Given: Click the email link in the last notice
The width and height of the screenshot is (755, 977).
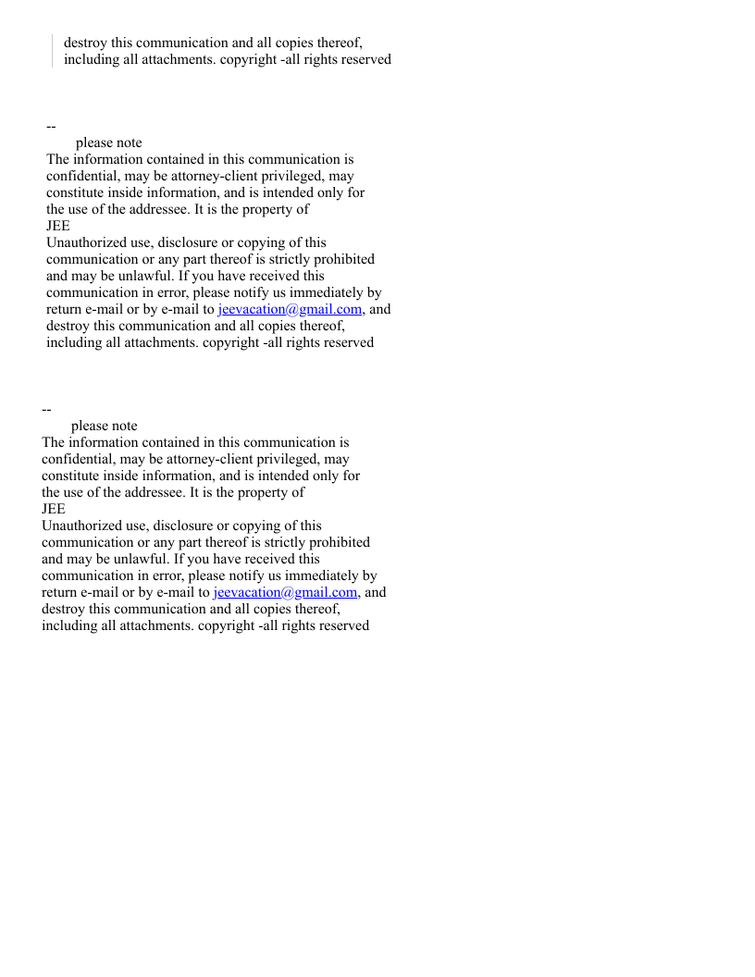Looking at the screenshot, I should coord(285,592).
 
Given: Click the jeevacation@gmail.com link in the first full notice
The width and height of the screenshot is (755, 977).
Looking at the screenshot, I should coord(290,309).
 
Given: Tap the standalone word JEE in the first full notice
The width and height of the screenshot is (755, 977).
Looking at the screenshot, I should coord(58,226).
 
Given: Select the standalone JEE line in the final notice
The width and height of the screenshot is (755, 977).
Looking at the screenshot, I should coord(54,509).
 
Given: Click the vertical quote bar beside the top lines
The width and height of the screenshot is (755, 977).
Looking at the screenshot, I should coord(52,51).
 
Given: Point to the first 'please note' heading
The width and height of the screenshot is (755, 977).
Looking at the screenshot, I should coord(109,142).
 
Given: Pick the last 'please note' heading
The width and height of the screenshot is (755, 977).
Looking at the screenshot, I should coord(105,426).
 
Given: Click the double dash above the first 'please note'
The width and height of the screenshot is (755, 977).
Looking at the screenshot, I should coord(51,126).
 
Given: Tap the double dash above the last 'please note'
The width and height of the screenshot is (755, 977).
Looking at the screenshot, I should coord(46,409).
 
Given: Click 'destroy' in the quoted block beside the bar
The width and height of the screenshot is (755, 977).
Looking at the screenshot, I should coord(86,43).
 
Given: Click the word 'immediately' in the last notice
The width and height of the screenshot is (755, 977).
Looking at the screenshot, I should coord(328,575).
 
